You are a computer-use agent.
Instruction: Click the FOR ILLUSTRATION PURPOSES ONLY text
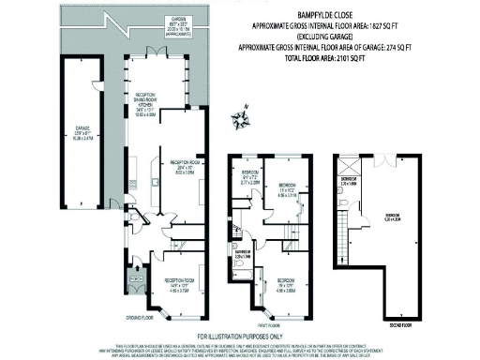pyautogui.click(x=240, y=336)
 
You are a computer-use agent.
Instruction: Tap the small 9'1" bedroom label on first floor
pyautogui.click(x=249, y=176)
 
